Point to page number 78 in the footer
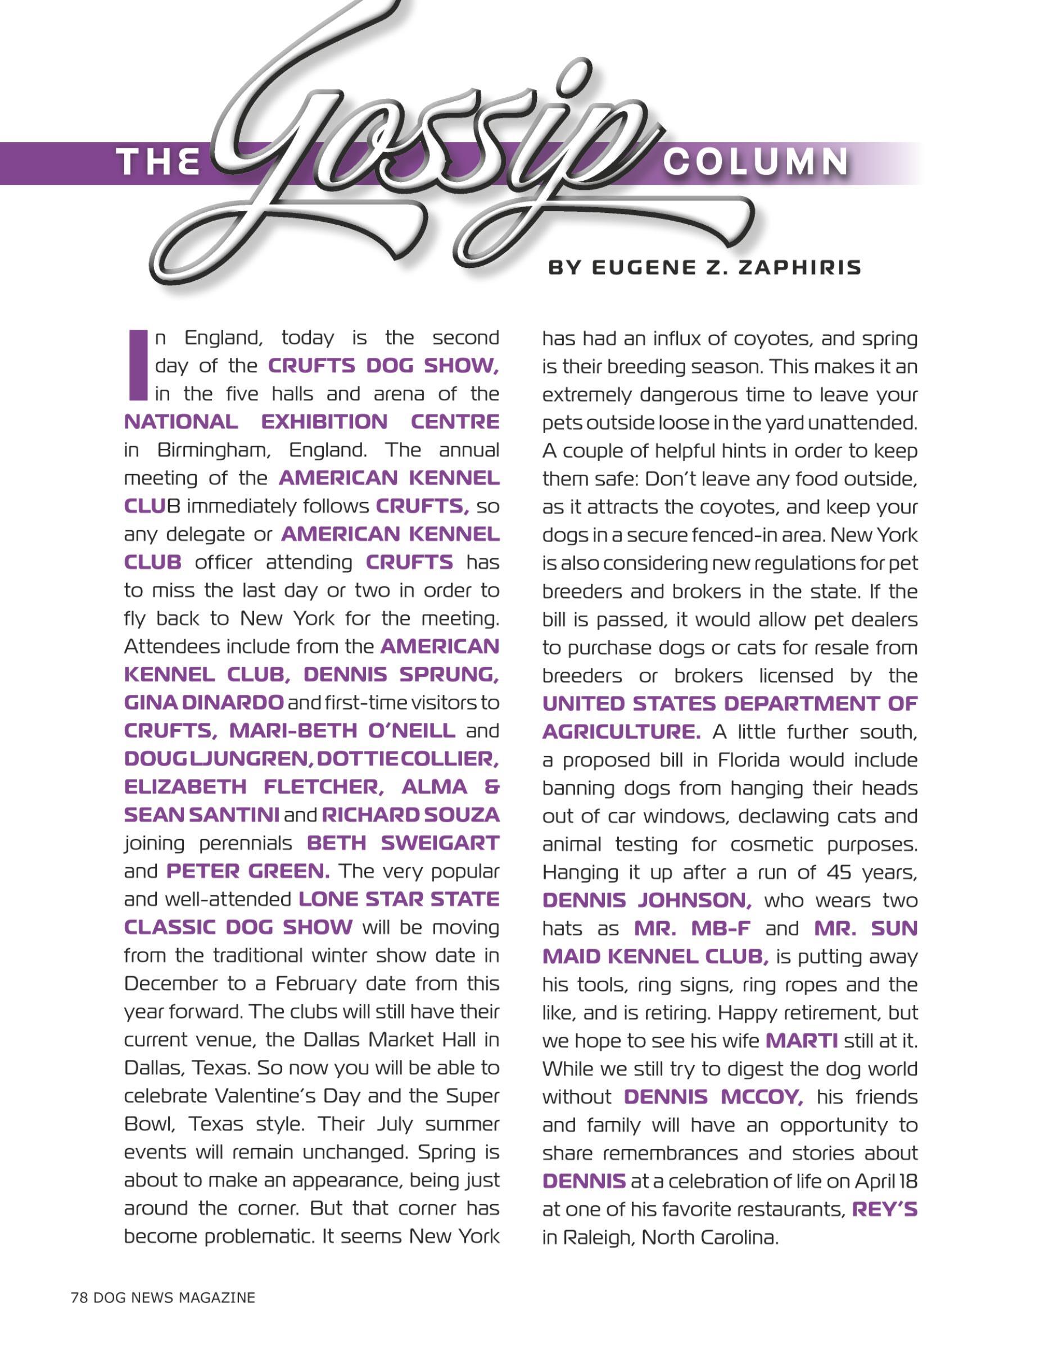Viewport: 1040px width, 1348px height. click(79, 1297)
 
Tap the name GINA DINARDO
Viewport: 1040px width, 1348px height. click(204, 703)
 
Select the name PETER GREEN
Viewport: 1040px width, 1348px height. click(248, 871)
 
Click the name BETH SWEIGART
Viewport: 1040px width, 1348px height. click(403, 842)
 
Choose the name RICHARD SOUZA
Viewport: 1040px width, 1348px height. click(410, 815)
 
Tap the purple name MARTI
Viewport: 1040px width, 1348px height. click(801, 1041)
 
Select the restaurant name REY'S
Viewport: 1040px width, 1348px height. click(884, 1209)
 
